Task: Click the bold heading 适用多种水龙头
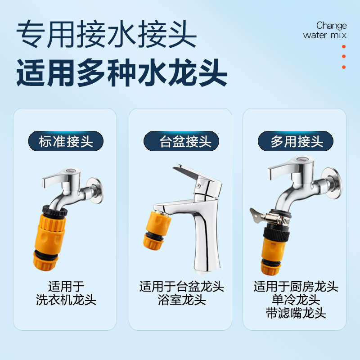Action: pos(121,72)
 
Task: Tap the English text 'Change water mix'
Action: pos(325,30)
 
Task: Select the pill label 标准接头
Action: pos(66,141)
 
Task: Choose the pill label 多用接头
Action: pos(297,141)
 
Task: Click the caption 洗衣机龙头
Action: pos(66,300)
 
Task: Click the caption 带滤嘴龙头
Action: pos(296,313)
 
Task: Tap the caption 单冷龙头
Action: pos(296,300)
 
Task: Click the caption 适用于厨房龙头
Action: pos(296,286)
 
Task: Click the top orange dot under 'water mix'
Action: pos(344,46)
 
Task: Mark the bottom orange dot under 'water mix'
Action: pos(344,67)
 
